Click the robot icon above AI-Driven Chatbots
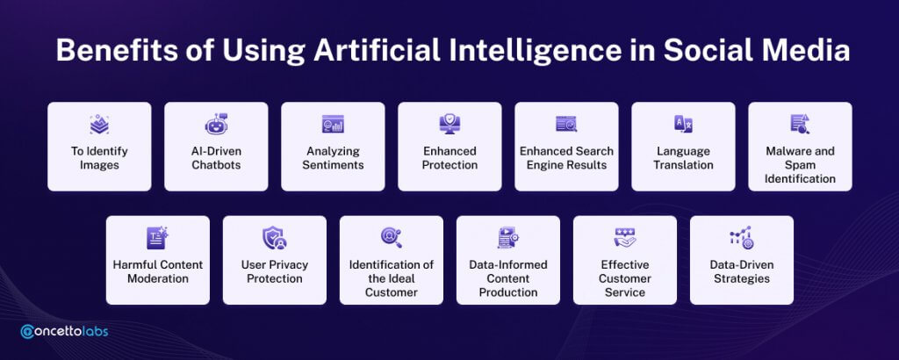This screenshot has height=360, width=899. point(216,124)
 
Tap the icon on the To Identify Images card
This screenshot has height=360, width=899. point(99,124)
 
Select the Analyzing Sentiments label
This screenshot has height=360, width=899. point(333,158)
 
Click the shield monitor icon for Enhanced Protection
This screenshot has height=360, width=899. point(449,124)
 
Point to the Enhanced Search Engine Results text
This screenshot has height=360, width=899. point(566,158)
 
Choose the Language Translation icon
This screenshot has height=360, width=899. point(683,124)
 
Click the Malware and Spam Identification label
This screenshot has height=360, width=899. point(800,165)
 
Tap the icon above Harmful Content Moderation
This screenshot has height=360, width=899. point(158,238)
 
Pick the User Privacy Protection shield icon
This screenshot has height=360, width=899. point(275,238)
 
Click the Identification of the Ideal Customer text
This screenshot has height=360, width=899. point(392,278)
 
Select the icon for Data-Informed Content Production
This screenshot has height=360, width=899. point(508,238)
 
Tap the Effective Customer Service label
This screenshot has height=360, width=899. point(625,278)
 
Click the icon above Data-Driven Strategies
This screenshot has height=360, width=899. point(742,238)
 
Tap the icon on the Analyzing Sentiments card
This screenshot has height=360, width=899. point(333,124)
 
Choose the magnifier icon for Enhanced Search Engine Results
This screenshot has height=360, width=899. point(566,124)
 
